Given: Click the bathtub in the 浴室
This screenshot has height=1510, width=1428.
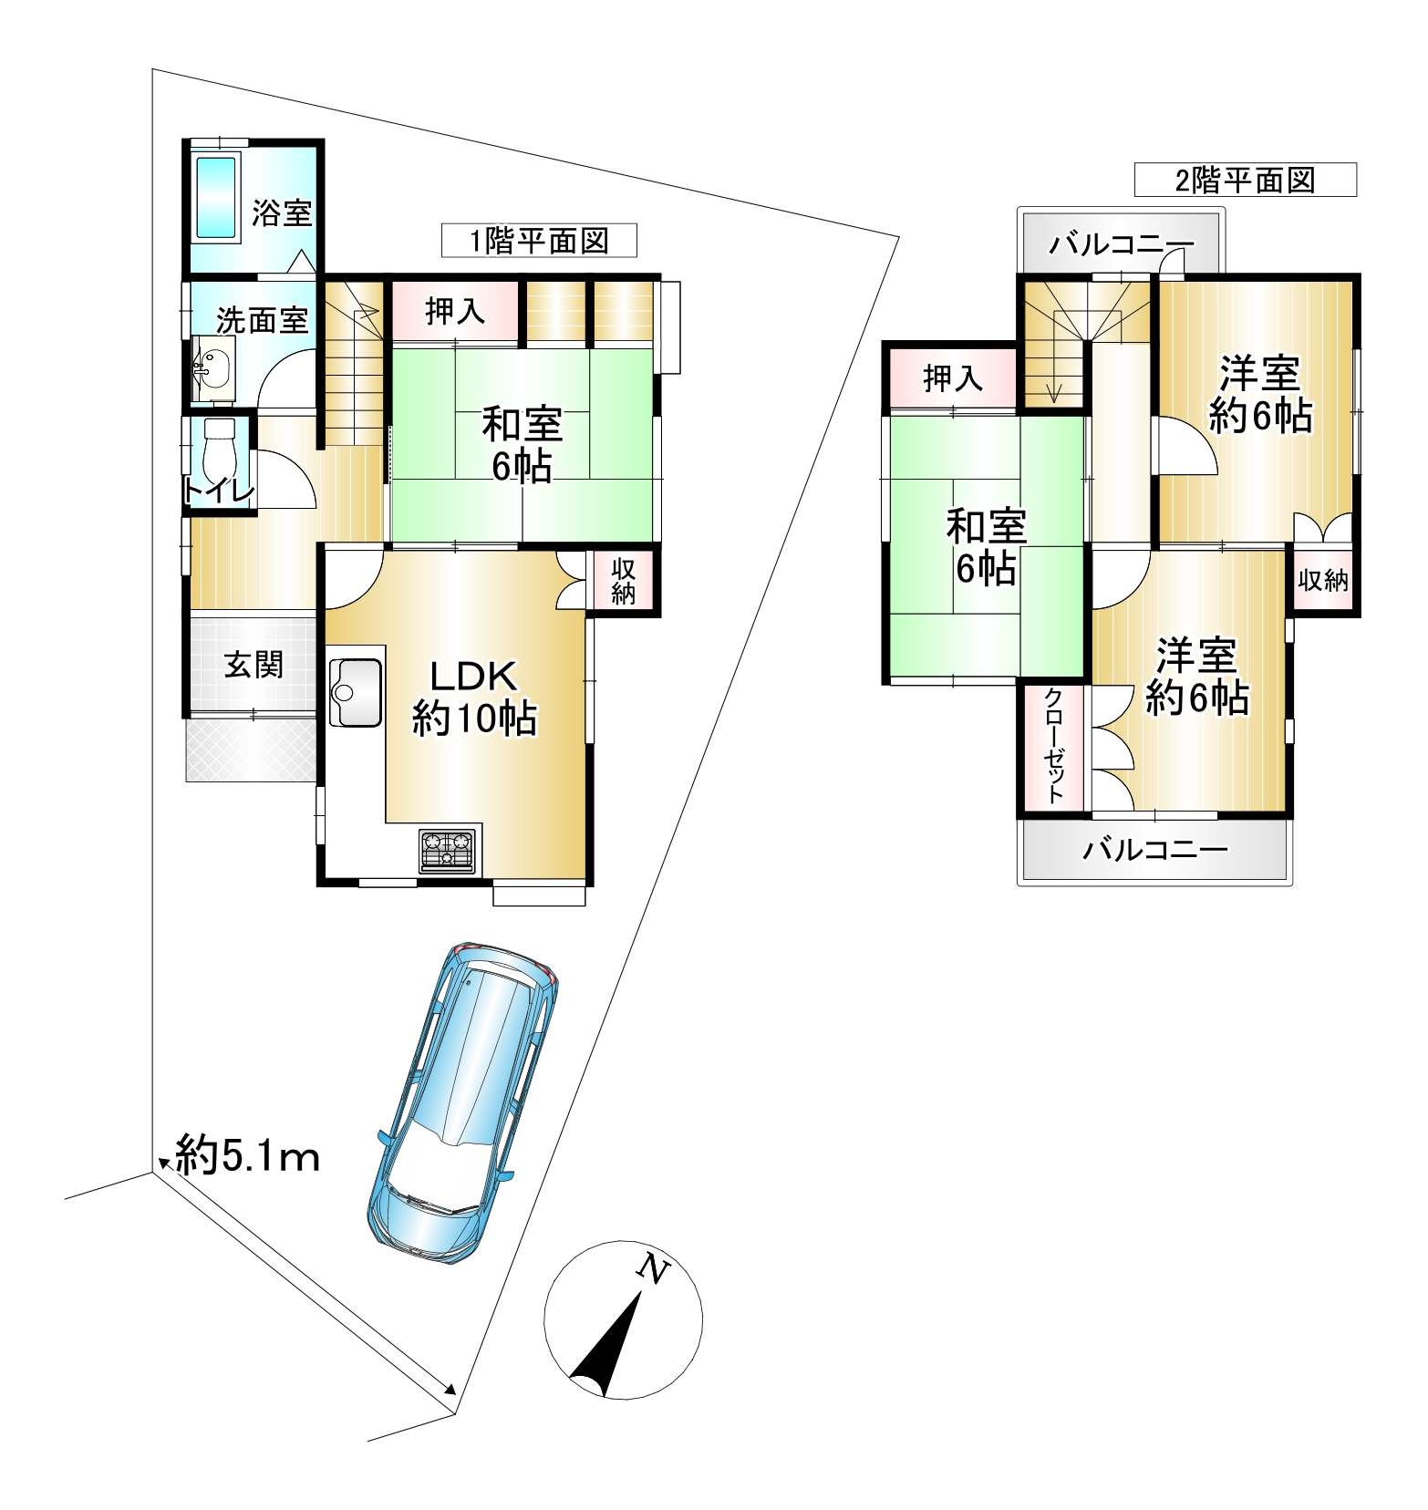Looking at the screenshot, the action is pyautogui.click(x=217, y=198).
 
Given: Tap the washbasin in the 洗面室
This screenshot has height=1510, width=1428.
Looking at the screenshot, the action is pyautogui.click(x=214, y=369).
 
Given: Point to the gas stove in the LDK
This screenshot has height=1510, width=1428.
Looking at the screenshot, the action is pyautogui.click(x=449, y=850).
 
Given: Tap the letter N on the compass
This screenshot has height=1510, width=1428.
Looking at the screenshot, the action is pyautogui.click(x=653, y=1269).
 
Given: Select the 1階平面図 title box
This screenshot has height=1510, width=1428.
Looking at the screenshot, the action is pyautogui.click(x=539, y=241).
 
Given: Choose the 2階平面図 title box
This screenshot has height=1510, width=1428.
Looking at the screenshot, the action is pyautogui.click(x=1246, y=180).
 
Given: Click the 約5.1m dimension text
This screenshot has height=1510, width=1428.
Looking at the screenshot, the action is pyautogui.click(x=246, y=1157).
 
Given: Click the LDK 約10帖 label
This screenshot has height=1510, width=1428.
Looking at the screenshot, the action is pyautogui.click(x=474, y=698).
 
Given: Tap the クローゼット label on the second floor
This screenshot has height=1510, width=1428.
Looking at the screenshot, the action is pyautogui.click(x=1053, y=745).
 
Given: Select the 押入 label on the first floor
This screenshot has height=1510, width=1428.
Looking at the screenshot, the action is pyautogui.click(x=455, y=312).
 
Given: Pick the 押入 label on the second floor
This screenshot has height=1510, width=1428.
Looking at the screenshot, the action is pyautogui.click(x=953, y=377).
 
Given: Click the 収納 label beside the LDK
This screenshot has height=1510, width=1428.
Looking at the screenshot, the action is pyautogui.click(x=623, y=581).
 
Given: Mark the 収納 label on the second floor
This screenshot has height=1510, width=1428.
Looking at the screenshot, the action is pyautogui.click(x=1323, y=579).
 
